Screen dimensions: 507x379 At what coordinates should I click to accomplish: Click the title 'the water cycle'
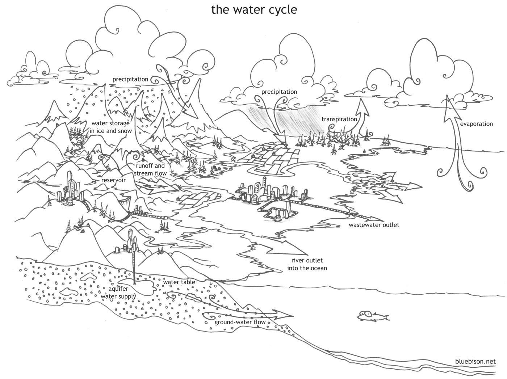click(254, 10)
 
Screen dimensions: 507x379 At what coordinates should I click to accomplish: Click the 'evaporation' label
click(476, 124)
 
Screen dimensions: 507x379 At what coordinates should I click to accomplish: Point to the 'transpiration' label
click(339, 119)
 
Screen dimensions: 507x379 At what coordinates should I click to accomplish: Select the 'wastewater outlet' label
click(374, 225)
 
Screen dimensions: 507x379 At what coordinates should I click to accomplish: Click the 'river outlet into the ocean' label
click(307, 264)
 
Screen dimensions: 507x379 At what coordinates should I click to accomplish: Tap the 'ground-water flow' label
click(240, 322)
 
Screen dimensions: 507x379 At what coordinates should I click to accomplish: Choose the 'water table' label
click(179, 282)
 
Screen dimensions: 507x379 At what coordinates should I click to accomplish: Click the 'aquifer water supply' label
click(118, 293)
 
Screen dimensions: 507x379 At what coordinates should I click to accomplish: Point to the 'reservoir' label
click(113, 180)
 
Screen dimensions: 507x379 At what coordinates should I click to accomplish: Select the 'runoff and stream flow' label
click(150, 169)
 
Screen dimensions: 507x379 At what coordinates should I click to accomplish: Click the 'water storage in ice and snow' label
click(110, 127)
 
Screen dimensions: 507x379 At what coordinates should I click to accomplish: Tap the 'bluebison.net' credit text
click(475, 361)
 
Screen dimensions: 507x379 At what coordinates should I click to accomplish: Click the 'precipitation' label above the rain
click(279, 92)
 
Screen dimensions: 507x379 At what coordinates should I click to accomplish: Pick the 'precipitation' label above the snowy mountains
click(130, 79)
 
